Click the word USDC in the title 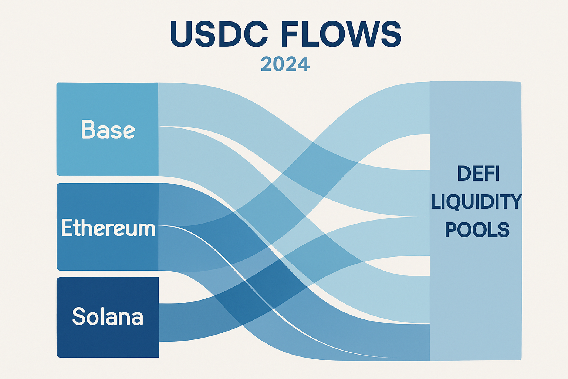point(219,34)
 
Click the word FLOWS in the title point(341,34)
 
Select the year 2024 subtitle point(285,64)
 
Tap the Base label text point(108,129)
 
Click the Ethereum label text point(108,228)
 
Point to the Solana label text point(108,316)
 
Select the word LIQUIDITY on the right point(476,202)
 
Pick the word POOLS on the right point(477,229)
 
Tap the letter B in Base point(88,129)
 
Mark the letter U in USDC point(182,34)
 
